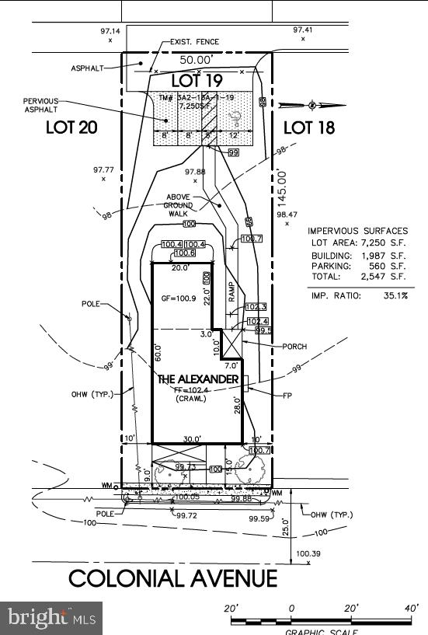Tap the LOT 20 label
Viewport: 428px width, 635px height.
click(x=71, y=127)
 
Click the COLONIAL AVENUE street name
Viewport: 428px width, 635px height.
click(x=172, y=578)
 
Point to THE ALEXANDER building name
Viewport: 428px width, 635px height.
click(x=198, y=379)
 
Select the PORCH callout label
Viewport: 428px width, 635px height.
click(x=294, y=347)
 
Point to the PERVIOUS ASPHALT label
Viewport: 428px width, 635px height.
click(x=40, y=106)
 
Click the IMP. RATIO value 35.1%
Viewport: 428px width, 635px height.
click(x=395, y=295)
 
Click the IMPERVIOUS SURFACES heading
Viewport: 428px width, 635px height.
click(x=357, y=231)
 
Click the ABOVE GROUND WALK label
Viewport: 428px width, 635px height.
click(x=184, y=205)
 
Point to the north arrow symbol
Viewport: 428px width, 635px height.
click(x=311, y=104)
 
